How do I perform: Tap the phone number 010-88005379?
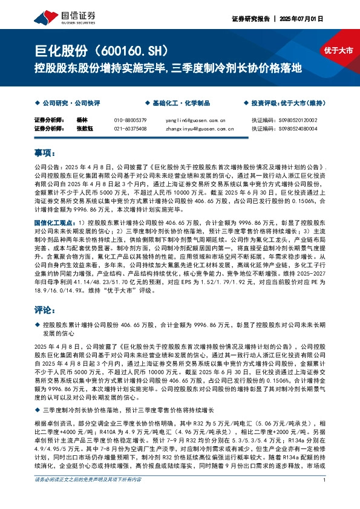[x=130, y=120]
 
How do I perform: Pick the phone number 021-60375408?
[x=130, y=128]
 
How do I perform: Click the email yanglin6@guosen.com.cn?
[x=195, y=120]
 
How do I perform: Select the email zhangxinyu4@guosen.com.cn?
[x=200, y=128]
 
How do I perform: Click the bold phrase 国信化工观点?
[x=55, y=223]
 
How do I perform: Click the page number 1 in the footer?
[x=325, y=497]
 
